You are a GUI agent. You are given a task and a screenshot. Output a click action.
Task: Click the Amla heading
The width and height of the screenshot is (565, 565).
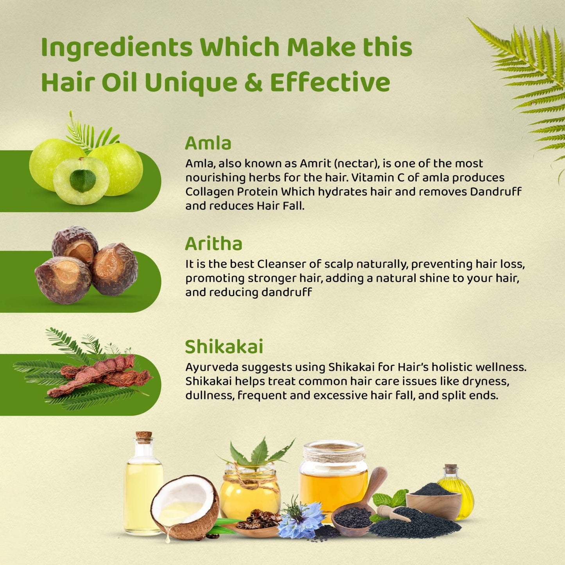pos(208,143)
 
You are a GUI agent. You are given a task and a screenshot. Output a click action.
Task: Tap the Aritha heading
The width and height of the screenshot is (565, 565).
pos(213,244)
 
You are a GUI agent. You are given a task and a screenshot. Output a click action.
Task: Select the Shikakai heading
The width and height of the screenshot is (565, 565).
pos(224,347)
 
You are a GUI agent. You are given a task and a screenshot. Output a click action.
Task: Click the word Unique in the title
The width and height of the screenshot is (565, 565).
pos(191,83)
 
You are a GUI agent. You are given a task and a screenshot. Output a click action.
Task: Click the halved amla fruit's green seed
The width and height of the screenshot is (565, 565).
pos(83,180)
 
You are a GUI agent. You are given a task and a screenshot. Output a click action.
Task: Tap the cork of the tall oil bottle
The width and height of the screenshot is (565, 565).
pos(144,437)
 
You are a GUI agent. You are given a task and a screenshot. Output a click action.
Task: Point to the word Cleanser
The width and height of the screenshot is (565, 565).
pos(282,264)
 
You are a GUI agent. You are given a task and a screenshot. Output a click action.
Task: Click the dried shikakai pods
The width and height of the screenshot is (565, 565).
pos(100,375)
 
